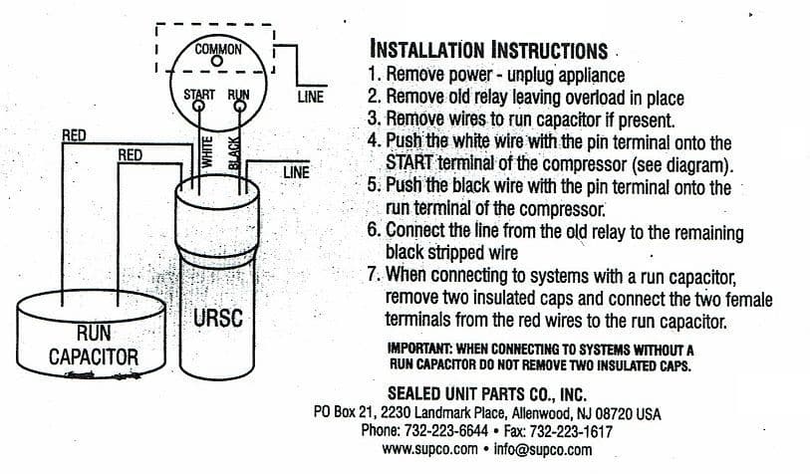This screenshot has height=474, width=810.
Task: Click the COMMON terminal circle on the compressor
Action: [x=217, y=62]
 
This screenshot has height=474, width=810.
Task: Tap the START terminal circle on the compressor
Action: [x=198, y=107]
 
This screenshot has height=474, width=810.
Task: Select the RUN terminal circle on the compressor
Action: [x=240, y=107]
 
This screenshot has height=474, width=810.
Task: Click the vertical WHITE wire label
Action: [x=206, y=151]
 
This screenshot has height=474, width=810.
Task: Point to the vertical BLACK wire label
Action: [x=234, y=152]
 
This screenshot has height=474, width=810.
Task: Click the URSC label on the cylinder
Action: [x=218, y=318]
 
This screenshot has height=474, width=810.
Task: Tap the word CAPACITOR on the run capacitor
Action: [x=94, y=356]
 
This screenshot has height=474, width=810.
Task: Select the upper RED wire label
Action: [x=74, y=135]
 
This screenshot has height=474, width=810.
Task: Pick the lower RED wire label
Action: [x=130, y=155]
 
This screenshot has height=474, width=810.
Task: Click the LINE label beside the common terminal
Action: [x=311, y=97]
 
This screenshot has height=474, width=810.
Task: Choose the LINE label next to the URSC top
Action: [x=296, y=172]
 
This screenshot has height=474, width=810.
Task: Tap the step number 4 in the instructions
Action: [x=373, y=140]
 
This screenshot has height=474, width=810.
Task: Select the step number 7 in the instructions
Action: [x=373, y=274]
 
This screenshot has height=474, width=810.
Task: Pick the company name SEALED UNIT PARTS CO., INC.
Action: [x=487, y=394]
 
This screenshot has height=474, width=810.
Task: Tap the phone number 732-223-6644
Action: [x=445, y=430]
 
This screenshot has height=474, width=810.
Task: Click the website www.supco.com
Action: [x=429, y=449]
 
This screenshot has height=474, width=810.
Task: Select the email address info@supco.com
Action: [x=543, y=449]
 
